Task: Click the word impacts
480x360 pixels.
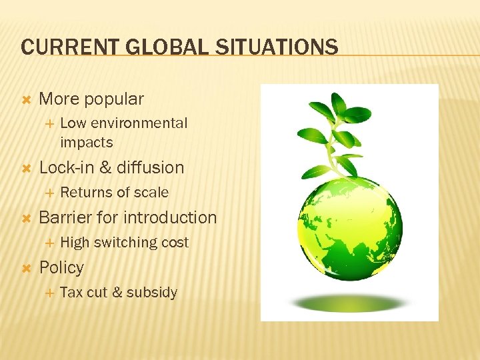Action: (86, 143)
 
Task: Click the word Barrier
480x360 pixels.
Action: (66, 217)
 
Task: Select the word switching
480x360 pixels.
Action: (125, 243)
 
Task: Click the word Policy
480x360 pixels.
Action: (61, 267)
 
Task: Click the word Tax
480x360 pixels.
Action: (71, 293)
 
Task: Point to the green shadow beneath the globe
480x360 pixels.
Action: (349, 303)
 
